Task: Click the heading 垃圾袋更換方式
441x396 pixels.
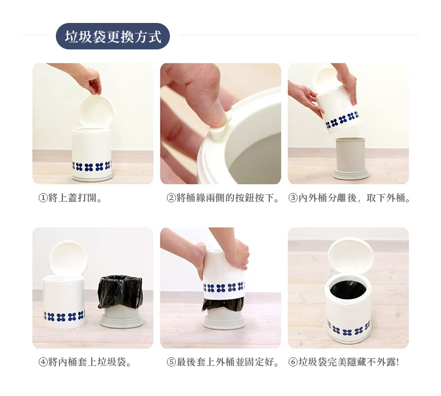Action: coord(113,36)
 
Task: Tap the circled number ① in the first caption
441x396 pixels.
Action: coord(43,198)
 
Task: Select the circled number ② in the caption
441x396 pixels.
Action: coord(171,198)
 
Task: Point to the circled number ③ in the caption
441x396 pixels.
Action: coord(293,198)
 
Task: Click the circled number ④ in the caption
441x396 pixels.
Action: coord(43,362)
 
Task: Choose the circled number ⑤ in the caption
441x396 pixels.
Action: coord(171,362)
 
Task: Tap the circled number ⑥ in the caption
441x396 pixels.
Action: coord(293,362)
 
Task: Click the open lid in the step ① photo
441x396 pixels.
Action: coord(95,111)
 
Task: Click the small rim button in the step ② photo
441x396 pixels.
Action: coord(219,132)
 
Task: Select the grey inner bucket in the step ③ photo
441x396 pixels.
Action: coord(350,158)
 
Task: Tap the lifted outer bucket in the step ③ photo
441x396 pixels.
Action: coord(339,111)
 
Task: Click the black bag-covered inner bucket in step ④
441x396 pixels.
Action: coord(121,301)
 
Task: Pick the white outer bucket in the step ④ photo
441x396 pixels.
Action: coord(64,302)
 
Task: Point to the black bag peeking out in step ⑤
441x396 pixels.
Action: coord(223,304)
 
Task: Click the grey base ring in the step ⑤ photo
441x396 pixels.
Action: coord(224,322)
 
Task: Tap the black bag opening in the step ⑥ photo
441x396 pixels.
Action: coord(348,290)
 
